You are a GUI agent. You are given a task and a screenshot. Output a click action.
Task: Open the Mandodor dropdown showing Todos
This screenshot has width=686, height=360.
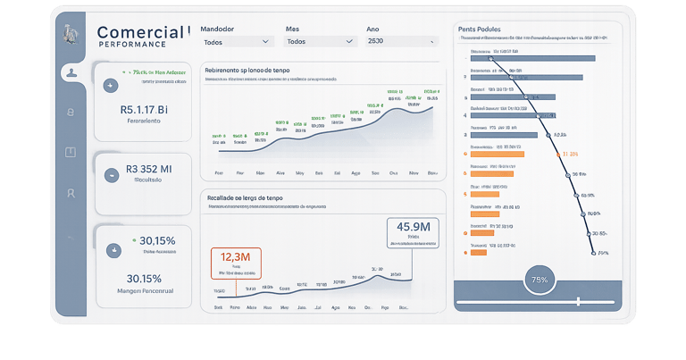(x=237, y=41)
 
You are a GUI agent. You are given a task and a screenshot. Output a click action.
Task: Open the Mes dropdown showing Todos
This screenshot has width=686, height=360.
(x=319, y=41)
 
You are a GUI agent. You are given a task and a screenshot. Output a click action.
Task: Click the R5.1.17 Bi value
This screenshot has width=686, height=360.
(x=144, y=109)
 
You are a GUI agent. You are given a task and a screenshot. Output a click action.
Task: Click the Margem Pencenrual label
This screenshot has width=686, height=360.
(x=144, y=291)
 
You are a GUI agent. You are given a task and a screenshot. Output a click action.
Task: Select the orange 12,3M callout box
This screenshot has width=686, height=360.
(x=236, y=263)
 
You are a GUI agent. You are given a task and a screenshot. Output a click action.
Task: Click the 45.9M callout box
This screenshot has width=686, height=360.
(x=414, y=233)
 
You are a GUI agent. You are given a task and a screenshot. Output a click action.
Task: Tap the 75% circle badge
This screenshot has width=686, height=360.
(x=540, y=280)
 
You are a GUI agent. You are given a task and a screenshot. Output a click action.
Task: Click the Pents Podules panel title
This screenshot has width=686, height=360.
(x=479, y=29)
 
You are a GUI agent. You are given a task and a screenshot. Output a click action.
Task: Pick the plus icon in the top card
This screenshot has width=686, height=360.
(x=111, y=86)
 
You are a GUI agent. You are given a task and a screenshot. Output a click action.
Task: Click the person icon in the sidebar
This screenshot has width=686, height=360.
(x=71, y=72)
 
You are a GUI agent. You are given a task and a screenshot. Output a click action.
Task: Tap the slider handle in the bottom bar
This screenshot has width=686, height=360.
(x=579, y=301)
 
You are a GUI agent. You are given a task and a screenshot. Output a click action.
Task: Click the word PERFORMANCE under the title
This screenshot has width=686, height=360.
(x=132, y=45)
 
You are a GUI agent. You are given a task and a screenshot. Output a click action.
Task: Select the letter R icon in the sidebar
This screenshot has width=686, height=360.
(x=71, y=193)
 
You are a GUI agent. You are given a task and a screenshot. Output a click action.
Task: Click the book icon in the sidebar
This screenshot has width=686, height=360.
(x=71, y=152)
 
